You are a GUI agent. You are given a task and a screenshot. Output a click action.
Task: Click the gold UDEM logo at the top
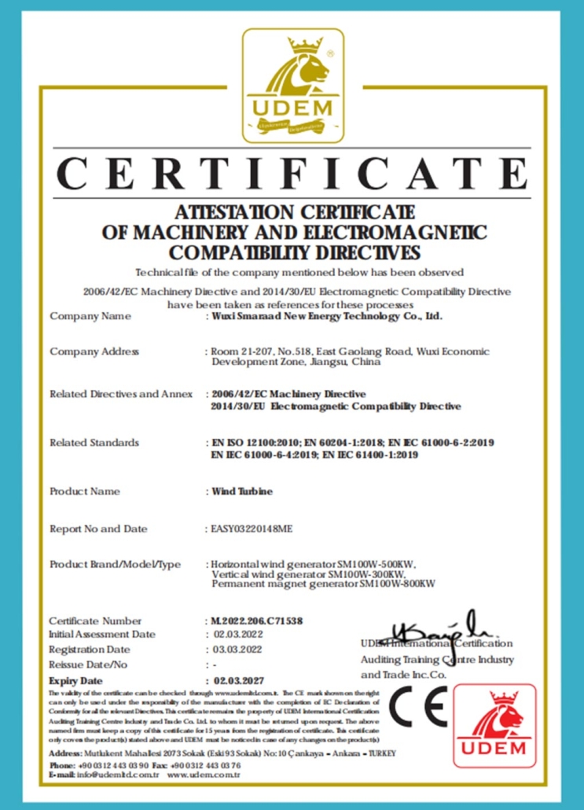coord(292,84)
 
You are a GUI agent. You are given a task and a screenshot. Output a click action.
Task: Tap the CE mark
coord(418,706)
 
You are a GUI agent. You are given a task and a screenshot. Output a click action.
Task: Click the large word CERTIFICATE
coord(292,174)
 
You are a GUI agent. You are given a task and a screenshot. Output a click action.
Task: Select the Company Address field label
coord(94,351)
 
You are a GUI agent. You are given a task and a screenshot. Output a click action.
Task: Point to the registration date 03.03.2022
coord(239,650)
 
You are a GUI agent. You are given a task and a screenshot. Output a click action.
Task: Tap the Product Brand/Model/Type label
coord(115,564)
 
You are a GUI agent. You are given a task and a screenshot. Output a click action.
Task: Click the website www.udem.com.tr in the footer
coord(204,775)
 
